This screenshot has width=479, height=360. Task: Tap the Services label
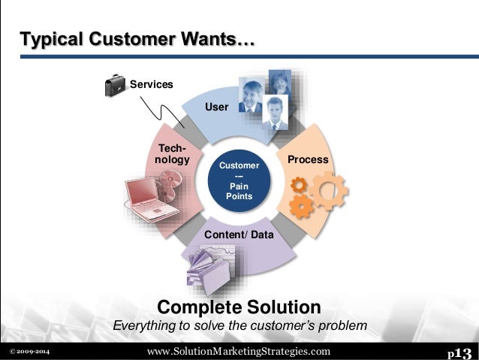point(152,84)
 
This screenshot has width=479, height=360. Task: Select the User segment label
point(216,107)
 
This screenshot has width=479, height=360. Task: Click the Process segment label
point(308,159)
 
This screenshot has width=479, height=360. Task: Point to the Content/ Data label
point(239,235)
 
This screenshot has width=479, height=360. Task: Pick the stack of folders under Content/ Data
point(212,268)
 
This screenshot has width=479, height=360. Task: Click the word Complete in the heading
point(194,307)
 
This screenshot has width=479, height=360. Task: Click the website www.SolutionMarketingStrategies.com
point(238,351)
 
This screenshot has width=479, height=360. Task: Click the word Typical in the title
point(48,38)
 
